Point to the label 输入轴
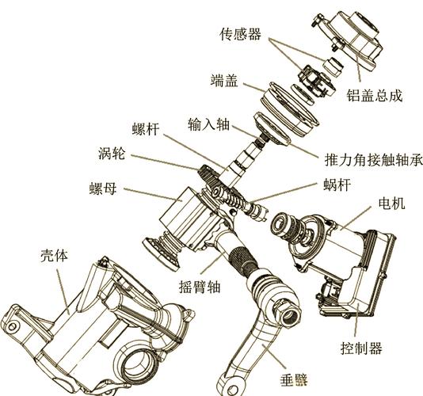pyautogui.click(x=208, y=125)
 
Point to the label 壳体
pyautogui.click(x=54, y=256)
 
